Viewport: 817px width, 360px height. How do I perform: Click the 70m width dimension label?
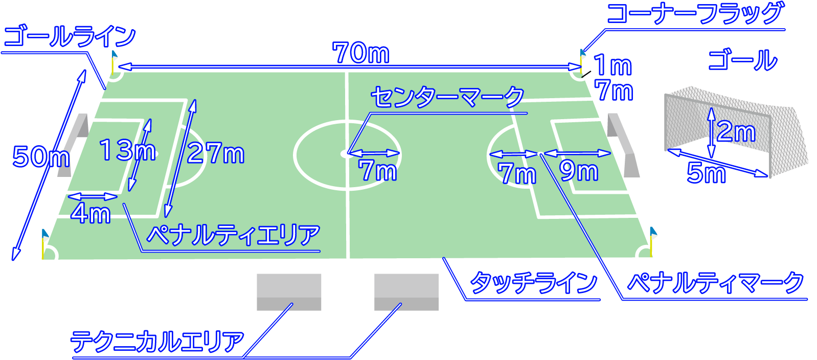pos(361,53)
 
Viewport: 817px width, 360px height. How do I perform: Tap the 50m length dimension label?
pos(41,156)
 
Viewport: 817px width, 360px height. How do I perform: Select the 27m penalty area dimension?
pos(216,152)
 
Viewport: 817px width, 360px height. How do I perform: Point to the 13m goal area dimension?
pos(127,150)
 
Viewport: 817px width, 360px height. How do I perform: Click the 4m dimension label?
pos(91,213)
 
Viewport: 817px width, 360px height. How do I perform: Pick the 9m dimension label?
pos(579,171)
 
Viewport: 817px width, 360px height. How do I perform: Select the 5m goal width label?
pos(706,172)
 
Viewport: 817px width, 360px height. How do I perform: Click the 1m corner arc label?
pos(612,65)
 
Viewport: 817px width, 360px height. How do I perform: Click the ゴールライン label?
pos(70,37)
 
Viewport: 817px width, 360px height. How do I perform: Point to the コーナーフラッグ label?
pos(695,13)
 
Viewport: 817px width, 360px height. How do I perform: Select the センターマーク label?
pos(447,97)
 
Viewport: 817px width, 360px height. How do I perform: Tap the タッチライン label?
pos(534,283)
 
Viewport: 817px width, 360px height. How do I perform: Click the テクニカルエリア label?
pos(157,342)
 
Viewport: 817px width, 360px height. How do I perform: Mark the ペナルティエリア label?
pos(234,235)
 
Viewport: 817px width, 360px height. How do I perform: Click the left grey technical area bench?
pos(289,292)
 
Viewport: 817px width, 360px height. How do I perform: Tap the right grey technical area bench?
pos(406,292)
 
